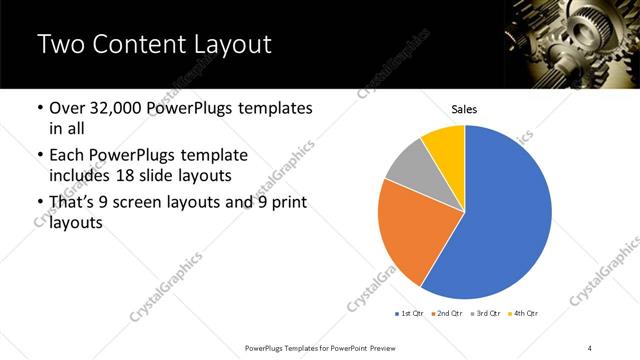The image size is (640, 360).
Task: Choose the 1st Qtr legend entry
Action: (410, 314)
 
